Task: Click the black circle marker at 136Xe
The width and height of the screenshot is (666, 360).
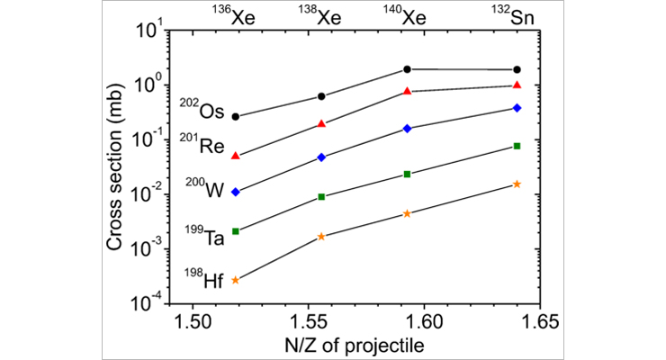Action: (236, 117)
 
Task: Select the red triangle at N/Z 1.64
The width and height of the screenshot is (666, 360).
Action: (517, 85)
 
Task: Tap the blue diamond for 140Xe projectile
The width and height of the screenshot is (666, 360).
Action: (408, 129)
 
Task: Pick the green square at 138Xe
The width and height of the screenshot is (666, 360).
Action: (321, 197)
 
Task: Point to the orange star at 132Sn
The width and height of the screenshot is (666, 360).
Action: (517, 184)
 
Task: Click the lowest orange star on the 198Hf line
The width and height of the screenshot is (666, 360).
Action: (236, 280)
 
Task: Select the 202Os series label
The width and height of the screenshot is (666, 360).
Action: (202, 111)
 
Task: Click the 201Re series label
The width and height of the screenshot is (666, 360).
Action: (202, 144)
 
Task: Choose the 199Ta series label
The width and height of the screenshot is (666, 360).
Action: (202, 238)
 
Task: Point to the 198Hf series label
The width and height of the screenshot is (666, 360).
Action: (202, 280)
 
